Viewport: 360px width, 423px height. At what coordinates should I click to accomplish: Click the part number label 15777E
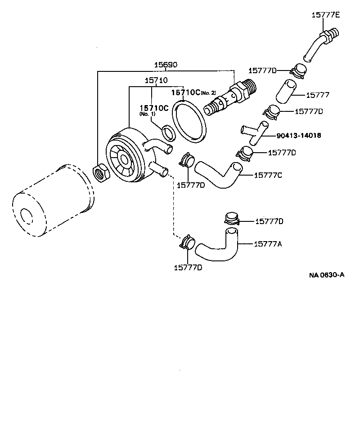pos(326,15)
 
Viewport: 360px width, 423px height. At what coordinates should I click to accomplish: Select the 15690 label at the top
pos(166,65)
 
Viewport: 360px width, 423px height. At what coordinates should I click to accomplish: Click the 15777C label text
pos(268,175)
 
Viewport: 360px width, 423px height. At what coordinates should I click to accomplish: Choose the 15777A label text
pos(268,244)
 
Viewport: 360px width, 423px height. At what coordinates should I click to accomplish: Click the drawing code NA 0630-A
pos(326,275)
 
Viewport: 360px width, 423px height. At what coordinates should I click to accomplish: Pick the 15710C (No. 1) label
pos(153,109)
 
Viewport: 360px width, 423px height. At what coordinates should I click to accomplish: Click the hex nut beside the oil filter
pos(100,173)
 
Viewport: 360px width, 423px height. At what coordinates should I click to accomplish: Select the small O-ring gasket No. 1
pos(168,133)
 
